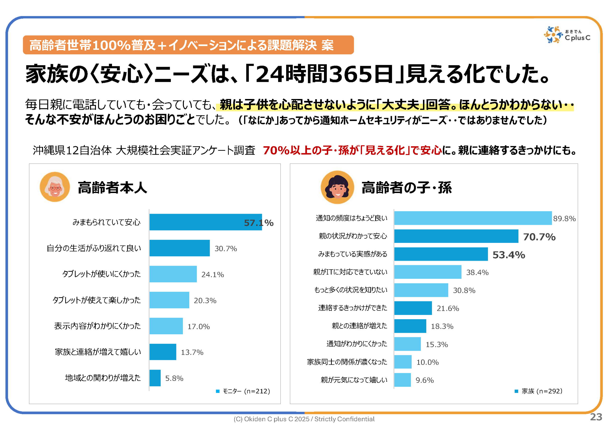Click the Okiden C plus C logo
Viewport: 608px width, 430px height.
click(x=567, y=34)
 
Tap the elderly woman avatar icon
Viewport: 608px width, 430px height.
click(x=55, y=187)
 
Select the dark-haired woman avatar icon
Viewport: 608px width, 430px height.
click(x=337, y=187)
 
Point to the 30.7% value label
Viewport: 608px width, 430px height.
click(x=226, y=249)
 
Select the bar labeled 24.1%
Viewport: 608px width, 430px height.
click(x=173, y=274)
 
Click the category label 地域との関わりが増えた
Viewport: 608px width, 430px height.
click(x=103, y=378)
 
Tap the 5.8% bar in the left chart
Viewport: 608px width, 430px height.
click(x=155, y=378)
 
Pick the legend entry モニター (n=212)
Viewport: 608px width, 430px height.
click(x=243, y=391)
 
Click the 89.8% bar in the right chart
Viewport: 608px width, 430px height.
click(x=473, y=218)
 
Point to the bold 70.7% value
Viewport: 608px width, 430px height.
click(x=539, y=237)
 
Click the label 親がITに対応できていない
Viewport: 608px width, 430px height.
click(x=350, y=272)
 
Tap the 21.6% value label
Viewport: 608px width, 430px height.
click(x=447, y=308)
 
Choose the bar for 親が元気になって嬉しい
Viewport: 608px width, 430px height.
click(x=403, y=380)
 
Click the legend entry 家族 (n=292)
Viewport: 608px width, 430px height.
click(x=539, y=391)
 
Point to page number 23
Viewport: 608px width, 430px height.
click(x=596, y=417)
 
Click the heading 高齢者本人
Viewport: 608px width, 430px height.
click(x=112, y=188)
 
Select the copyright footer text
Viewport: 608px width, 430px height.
click(x=304, y=419)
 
